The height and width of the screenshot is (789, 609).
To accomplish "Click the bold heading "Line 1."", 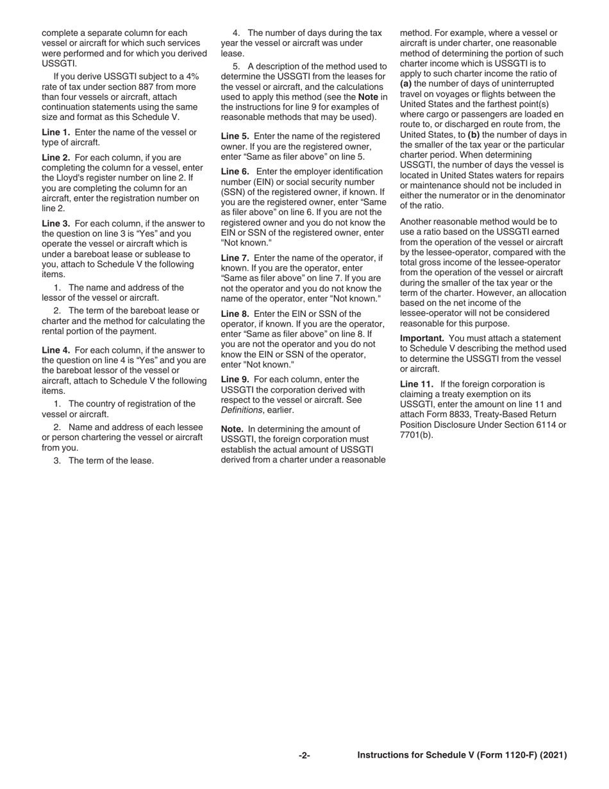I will tap(56, 132).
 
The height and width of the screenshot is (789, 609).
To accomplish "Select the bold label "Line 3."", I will tap(56, 223).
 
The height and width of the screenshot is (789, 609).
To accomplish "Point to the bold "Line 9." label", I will tap(235, 379).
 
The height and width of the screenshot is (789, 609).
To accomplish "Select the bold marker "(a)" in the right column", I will tap(406, 84).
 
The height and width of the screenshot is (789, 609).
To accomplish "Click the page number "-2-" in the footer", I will tap(304, 756).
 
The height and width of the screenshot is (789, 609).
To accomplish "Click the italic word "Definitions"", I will tap(242, 410).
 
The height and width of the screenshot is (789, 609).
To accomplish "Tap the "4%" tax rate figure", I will tap(190, 76).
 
